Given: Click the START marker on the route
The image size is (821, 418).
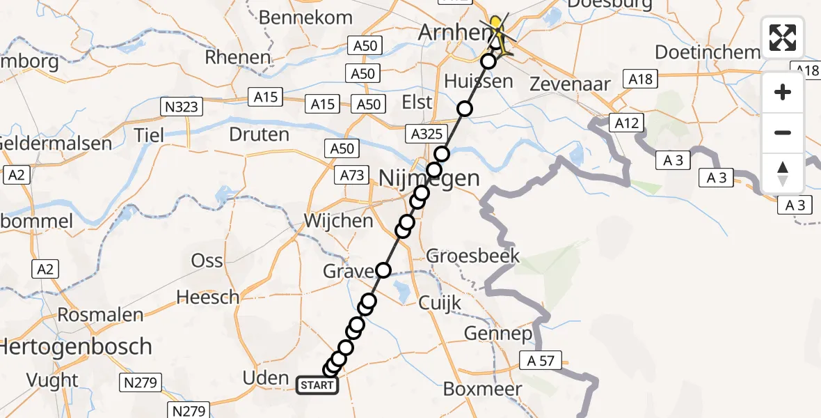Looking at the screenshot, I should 317,385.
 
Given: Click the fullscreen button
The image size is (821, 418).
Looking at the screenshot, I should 783,38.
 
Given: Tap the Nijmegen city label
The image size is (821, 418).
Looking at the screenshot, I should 429,178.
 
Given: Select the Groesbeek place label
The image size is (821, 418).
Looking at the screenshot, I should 472,256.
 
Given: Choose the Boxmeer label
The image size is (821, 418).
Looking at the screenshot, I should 482,389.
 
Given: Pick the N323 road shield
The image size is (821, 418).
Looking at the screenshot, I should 180,107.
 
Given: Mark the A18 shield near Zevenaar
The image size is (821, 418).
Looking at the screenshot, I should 639,79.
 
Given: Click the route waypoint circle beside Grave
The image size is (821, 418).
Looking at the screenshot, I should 383,270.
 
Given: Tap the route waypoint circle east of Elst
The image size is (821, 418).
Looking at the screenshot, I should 464,109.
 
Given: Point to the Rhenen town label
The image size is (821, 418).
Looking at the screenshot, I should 237,56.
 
